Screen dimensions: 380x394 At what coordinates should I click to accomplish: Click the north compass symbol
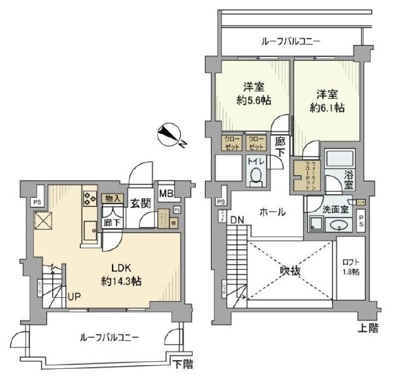point(171,136)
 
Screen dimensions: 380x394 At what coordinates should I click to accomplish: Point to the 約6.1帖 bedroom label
point(326,100)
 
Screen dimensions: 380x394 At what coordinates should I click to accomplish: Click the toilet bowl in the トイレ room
point(255,175)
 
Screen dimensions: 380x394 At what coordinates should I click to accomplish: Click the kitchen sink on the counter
point(90,228)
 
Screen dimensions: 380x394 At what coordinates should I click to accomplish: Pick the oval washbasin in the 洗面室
point(338,225)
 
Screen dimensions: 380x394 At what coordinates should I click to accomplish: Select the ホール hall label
point(272,212)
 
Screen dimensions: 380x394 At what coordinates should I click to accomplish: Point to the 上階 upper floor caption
point(368,328)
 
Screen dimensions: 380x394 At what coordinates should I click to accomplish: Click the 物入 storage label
point(113,198)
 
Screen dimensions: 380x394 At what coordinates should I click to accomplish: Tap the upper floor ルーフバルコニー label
point(290,41)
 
